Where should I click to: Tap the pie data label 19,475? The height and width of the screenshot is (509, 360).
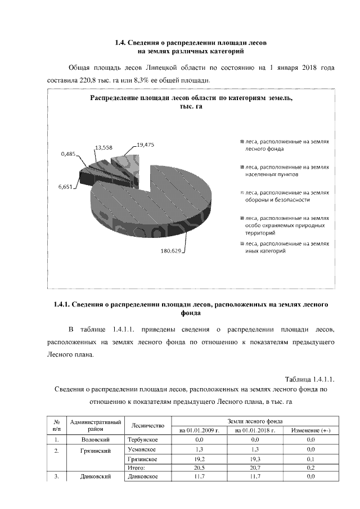tap(145, 145)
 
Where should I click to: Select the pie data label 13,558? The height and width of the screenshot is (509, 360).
tap(104, 147)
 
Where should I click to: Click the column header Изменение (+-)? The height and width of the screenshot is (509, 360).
tap(310, 430)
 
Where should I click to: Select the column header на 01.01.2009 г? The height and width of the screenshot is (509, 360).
tap(199, 430)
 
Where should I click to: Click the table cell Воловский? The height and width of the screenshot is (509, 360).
tap(95, 439)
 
